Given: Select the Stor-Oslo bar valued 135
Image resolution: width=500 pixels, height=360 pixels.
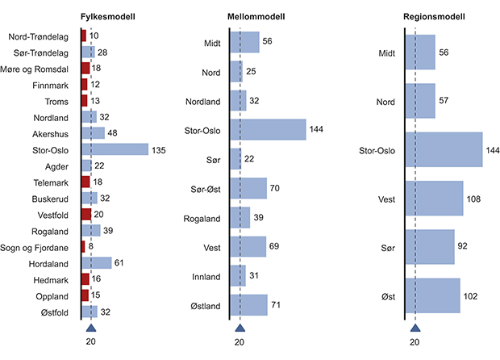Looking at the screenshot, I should [x=115, y=149].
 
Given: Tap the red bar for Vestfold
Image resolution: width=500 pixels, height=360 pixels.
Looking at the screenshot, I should [x=86, y=214].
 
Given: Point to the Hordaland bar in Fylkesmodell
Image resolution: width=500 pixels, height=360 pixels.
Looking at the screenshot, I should [x=96, y=262].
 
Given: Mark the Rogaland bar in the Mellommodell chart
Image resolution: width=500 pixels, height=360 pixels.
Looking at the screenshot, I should [x=240, y=218].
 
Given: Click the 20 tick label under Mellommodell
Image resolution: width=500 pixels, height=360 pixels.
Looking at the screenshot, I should [x=239, y=342].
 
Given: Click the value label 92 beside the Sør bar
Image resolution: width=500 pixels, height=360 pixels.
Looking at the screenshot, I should [x=464, y=246].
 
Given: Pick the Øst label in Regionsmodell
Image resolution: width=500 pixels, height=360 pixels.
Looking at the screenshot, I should [x=387, y=296].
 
